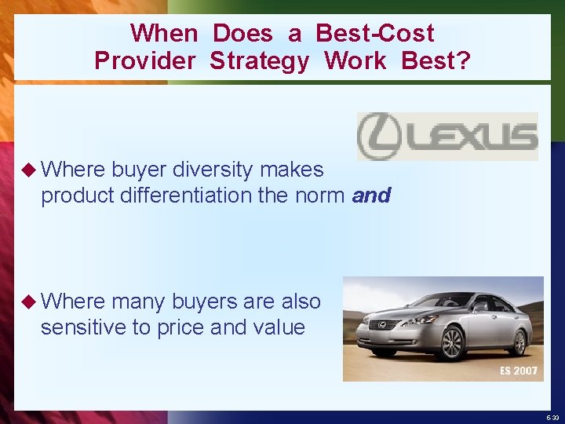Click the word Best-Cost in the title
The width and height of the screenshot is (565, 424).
point(374,33)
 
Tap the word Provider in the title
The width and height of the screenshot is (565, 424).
point(144,60)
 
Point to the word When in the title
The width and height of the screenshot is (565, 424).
point(164,33)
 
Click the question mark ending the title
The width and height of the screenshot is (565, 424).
point(464,60)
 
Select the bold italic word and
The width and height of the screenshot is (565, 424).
point(371,196)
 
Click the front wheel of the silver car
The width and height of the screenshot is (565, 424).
point(452,343)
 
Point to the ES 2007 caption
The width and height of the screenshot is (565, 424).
point(519,371)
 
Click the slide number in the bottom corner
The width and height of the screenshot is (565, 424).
point(552,418)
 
